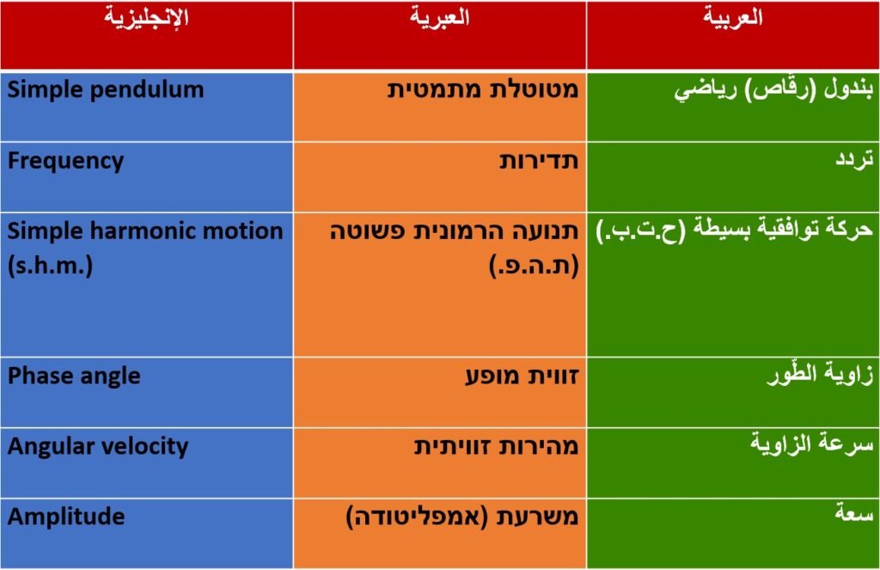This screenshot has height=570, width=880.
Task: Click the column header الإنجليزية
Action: point(146,17)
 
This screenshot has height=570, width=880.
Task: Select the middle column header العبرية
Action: point(439,17)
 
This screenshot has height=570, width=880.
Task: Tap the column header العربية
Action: point(733,17)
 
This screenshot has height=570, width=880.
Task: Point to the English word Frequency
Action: point(65,162)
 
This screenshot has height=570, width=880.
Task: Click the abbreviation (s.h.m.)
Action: point(51,265)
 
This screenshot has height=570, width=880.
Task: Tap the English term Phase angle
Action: point(74,377)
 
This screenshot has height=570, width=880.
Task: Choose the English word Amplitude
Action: point(66,517)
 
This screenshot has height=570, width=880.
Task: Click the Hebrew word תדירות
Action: point(539,162)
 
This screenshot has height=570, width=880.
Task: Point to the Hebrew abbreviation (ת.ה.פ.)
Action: point(534,265)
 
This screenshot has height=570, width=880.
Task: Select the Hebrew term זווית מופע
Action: point(522,377)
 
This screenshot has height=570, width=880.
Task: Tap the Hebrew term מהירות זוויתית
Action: point(496,447)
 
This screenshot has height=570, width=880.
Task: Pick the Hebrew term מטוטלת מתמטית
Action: point(483,90)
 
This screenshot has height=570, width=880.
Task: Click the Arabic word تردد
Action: point(854,160)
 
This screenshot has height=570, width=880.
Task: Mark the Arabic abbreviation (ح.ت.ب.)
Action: point(640,230)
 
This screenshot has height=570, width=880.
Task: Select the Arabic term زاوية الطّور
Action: point(821,374)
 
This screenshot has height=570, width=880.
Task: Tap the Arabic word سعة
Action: point(854,512)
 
